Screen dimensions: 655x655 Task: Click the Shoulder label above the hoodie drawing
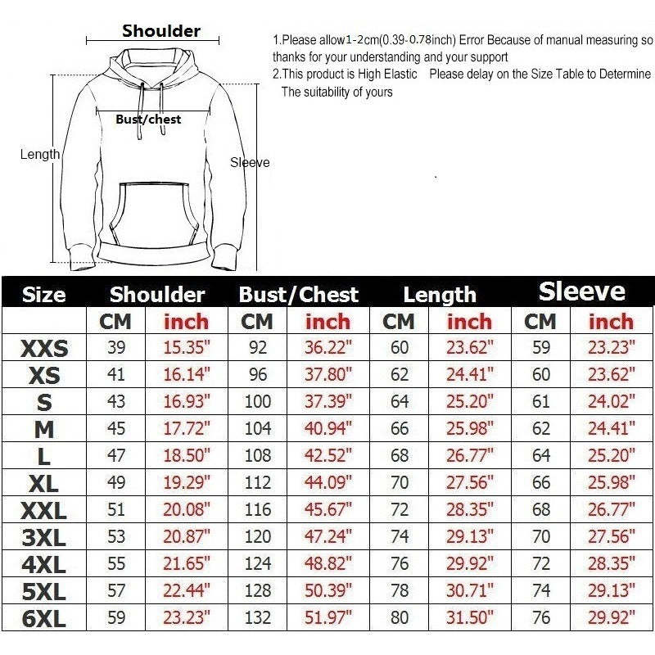coord(161,31)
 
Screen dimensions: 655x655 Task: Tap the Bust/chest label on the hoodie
coord(148,120)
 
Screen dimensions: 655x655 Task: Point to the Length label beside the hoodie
coord(40,154)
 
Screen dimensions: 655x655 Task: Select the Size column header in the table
coord(43,295)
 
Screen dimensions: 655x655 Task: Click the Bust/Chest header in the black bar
coord(298,295)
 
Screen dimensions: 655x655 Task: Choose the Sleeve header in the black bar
coord(581,292)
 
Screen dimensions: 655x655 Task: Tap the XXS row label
coord(43,350)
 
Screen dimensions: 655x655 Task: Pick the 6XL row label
coord(43,619)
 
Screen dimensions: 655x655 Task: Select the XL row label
coord(43,484)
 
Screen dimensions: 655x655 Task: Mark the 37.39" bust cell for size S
coord(327,402)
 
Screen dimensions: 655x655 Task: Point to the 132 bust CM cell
coord(258,618)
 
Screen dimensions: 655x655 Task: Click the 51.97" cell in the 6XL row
coord(327,618)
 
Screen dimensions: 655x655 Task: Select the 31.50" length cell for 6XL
coord(469,618)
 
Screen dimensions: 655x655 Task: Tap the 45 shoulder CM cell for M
coord(116,429)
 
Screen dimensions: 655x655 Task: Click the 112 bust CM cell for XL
coord(258,483)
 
